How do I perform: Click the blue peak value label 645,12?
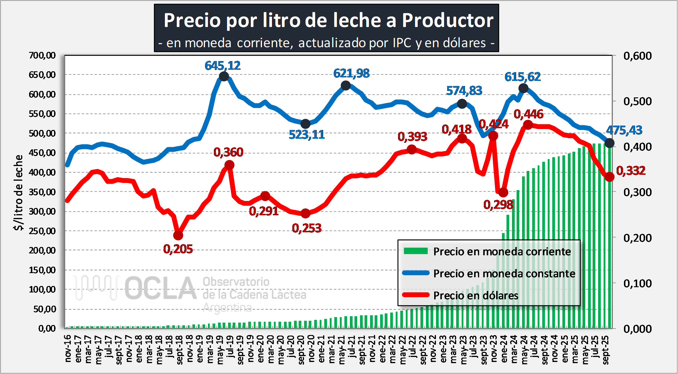tap(222, 65)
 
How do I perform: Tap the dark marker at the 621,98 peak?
tap(346, 86)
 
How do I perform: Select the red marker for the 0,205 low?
tap(178, 235)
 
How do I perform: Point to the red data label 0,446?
tap(528, 114)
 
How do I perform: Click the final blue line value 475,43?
tap(624, 130)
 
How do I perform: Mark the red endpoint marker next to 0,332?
tap(610, 177)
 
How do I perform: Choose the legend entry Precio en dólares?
tap(476, 295)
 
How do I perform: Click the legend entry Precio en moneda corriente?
tap(502, 251)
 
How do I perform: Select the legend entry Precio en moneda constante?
tap(504, 273)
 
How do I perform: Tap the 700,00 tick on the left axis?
tap(42, 55)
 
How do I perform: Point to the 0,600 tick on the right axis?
tap(637, 56)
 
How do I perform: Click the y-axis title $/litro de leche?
tap(19, 192)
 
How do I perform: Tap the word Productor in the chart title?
tap(447, 21)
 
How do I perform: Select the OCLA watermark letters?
tap(160, 289)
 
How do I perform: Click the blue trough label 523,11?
tap(307, 135)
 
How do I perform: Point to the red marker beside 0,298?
tap(503, 192)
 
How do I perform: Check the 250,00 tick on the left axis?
tap(42, 231)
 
